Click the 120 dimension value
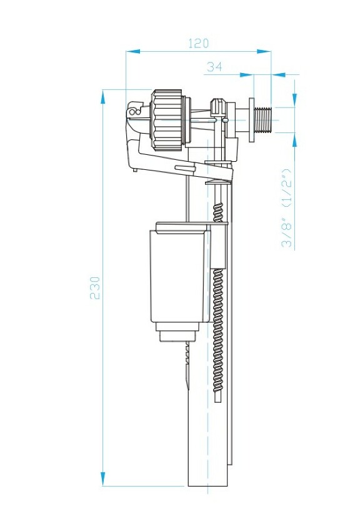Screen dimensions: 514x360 pos(198,44)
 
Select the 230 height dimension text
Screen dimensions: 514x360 pos(95,287)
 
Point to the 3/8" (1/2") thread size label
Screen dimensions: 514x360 pos(287,207)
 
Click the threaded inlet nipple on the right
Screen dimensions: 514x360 pos(265,119)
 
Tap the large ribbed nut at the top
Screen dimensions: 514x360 pos(167,119)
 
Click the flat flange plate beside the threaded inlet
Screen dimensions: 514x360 pos(252,119)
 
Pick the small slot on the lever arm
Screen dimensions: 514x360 pos(183,167)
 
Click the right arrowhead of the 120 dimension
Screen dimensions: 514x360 pos(267,52)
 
